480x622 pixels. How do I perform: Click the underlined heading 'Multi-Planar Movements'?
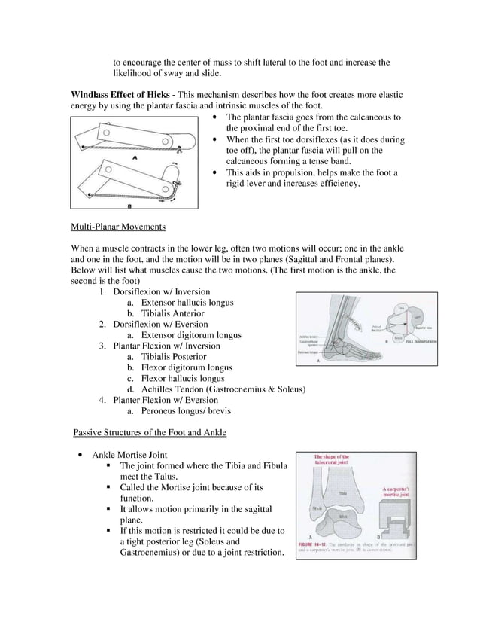click(x=118, y=227)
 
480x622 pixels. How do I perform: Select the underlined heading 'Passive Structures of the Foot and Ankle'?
click(x=149, y=432)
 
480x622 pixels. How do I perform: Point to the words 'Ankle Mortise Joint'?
click(x=129, y=455)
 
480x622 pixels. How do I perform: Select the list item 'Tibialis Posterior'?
click(x=174, y=357)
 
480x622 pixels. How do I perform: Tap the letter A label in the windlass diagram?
click(x=133, y=158)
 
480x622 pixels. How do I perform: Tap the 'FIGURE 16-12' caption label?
click(x=314, y=544)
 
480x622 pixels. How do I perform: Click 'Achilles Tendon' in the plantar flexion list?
click(x=177, y=389)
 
